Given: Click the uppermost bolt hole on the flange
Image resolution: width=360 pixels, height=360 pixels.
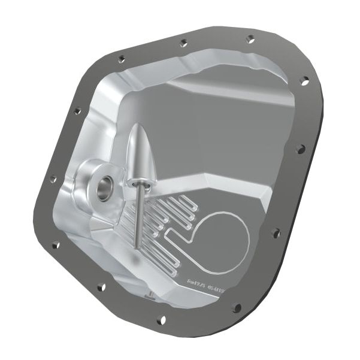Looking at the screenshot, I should click(x=250, y=39).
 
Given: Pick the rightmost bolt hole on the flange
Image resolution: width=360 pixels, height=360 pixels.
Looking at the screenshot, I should click(x=304, y=79).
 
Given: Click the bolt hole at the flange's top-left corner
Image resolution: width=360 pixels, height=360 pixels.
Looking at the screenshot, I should click(x=122, y=59).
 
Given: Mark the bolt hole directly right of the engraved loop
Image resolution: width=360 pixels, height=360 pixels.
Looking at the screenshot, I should click(x=275, y=232).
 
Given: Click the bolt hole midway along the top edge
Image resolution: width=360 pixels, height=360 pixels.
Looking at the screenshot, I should click(x=183, y=43).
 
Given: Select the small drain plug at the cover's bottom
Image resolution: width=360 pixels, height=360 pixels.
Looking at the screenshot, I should click(x=149, y=294).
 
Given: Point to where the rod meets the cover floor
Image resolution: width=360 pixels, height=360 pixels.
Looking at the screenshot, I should click(x=137, y=246).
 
